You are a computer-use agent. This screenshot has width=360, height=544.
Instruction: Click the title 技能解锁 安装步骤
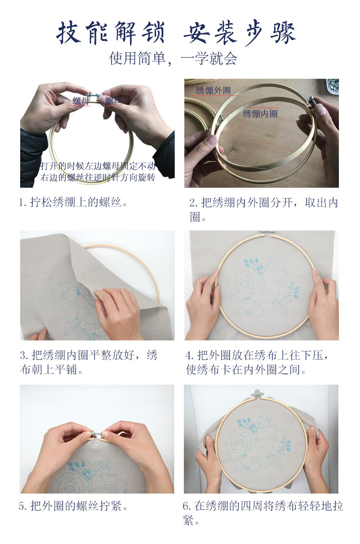coord(177,33)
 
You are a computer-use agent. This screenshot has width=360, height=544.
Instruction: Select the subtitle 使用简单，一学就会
coord(173,59)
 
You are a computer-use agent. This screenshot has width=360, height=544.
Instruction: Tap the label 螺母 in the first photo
coord(80,100)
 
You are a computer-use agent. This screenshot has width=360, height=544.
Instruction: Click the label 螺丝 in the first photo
coord(113,101)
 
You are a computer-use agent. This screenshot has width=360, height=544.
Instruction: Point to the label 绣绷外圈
coord(213,90)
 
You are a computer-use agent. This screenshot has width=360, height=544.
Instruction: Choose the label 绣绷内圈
coord(260,114)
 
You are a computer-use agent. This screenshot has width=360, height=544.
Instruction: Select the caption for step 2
coord(264,209)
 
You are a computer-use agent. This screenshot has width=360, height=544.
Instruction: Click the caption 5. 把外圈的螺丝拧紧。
coord(73,506)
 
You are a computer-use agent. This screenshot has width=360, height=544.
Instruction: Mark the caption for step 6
coord(263,513)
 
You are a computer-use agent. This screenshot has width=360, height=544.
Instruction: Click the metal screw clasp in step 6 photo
coord(257,394)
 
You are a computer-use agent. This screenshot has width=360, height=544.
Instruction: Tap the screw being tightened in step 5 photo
coord(96,434)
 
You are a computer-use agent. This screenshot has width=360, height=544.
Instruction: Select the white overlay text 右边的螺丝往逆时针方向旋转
coord(98,178)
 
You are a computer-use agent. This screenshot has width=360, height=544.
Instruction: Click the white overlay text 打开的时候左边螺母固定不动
coord(98,166)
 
